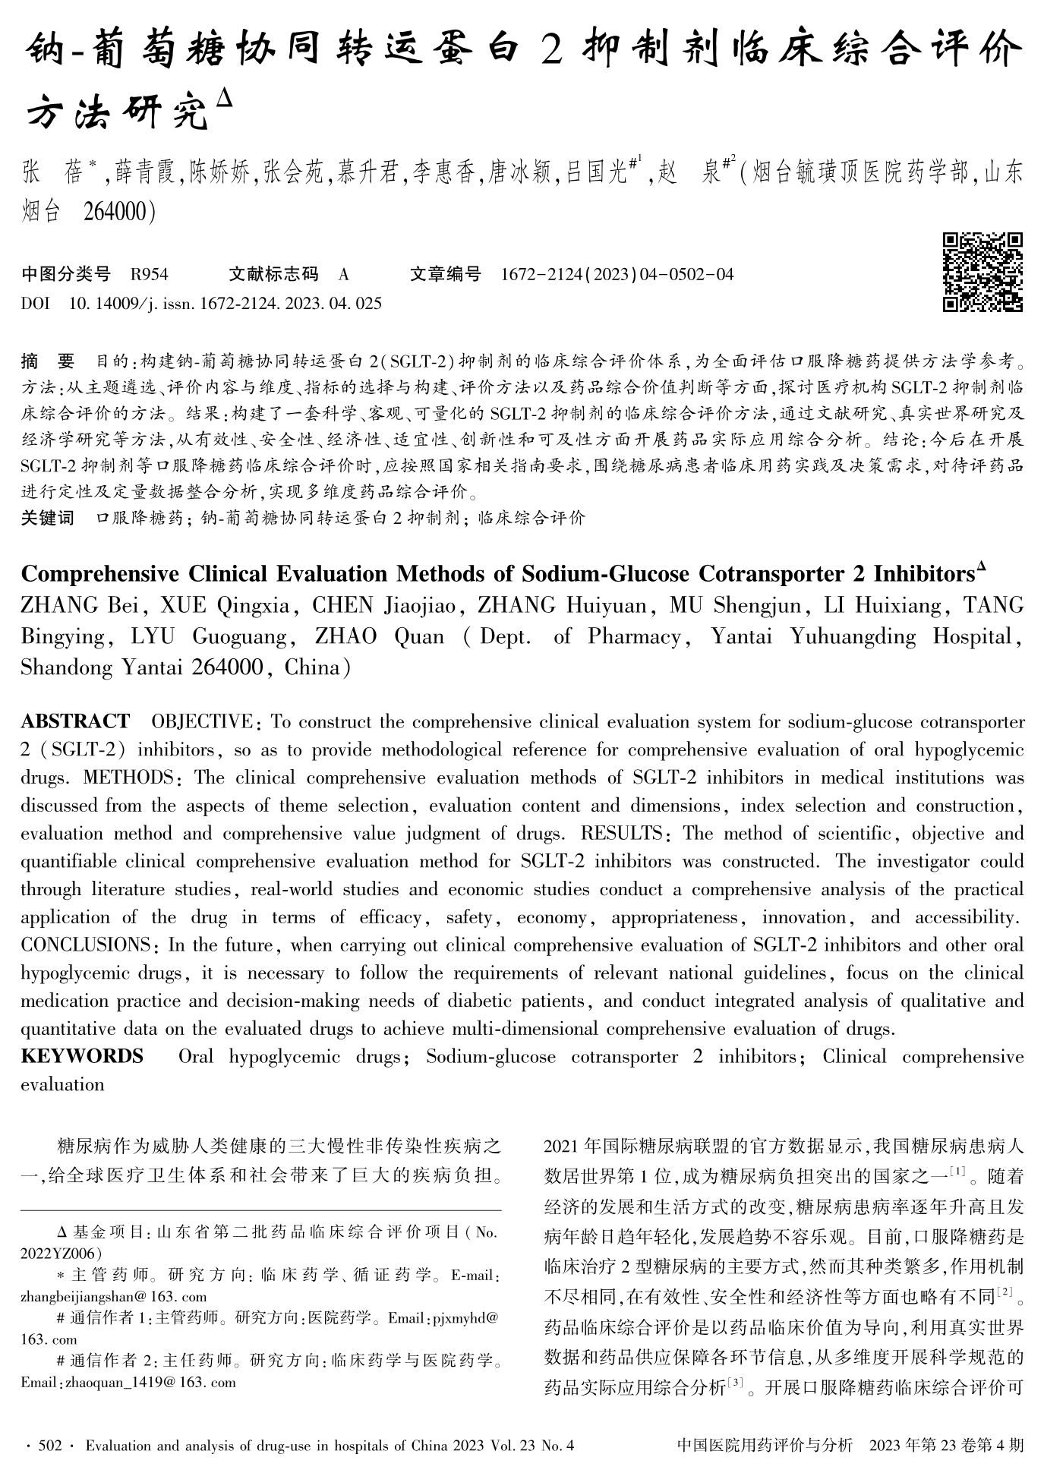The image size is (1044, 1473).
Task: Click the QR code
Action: (x=982, y=272)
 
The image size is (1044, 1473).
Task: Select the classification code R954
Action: (x=150, y=274)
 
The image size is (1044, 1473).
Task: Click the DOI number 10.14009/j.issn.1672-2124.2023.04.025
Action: (x=225, y=304)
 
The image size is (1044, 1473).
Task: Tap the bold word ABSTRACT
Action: (x=75, y=721)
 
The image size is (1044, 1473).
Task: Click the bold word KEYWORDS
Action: (x=82, y=1056)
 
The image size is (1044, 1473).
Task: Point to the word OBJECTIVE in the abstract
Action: (x=202, y=721)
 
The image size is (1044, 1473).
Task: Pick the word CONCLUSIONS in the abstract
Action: (x=86, y=945)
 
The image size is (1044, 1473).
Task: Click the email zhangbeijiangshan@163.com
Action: (x=114, y=1296)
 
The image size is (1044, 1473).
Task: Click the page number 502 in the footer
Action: (x=49, y=1446)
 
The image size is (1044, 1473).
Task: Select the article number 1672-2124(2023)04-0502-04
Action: (x=617, y=274)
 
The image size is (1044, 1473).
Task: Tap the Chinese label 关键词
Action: (x=48, y=519)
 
